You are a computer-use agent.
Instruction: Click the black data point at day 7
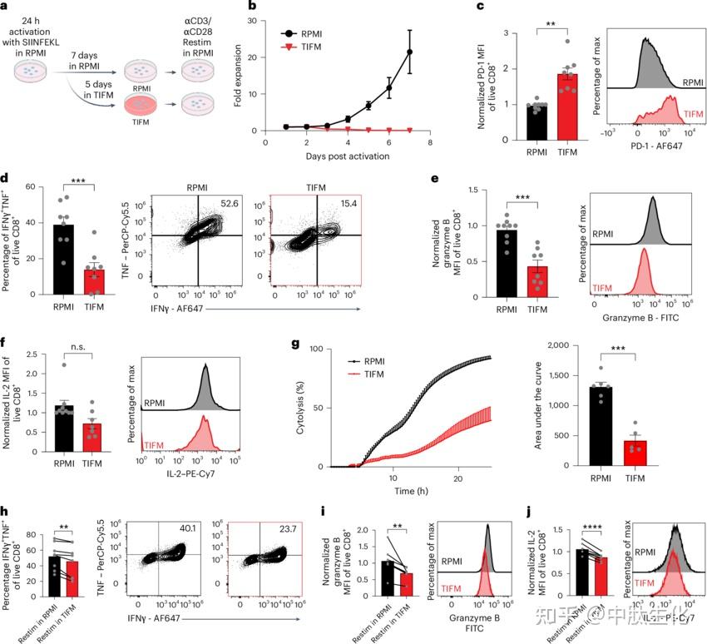click(409, 52)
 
